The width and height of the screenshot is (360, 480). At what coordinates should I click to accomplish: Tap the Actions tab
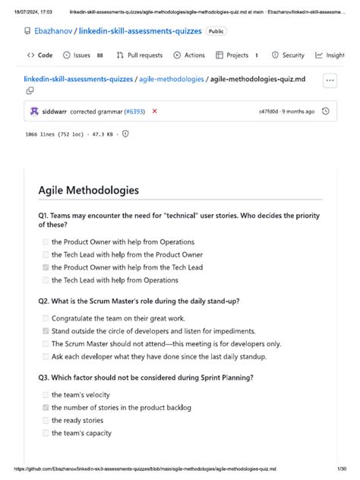(x=189, y=55)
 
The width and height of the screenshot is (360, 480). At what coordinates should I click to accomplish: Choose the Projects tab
(x=236, y=55)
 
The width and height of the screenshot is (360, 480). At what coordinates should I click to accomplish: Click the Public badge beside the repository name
(x=216, y=31)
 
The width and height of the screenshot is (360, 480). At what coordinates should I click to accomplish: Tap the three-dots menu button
(x=329, y=80)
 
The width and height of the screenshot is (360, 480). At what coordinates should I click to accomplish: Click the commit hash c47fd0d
(x=269, y=112)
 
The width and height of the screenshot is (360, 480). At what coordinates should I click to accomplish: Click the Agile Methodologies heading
(x=88, y=191)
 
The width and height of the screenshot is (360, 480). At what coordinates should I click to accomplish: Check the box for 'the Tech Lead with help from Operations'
(x=46, y=280)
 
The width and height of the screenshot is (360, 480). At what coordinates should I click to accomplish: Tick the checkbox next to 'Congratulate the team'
(x=46, y=319)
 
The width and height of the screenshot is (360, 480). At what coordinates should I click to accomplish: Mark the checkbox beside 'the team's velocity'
(x=46, y=395)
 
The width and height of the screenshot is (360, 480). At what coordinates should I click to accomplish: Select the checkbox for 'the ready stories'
(x=46, y=420)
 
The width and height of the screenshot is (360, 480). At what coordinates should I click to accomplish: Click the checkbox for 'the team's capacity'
(x=46, y=433)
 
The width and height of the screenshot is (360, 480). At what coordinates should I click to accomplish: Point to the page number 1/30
(x=341, y=470)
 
